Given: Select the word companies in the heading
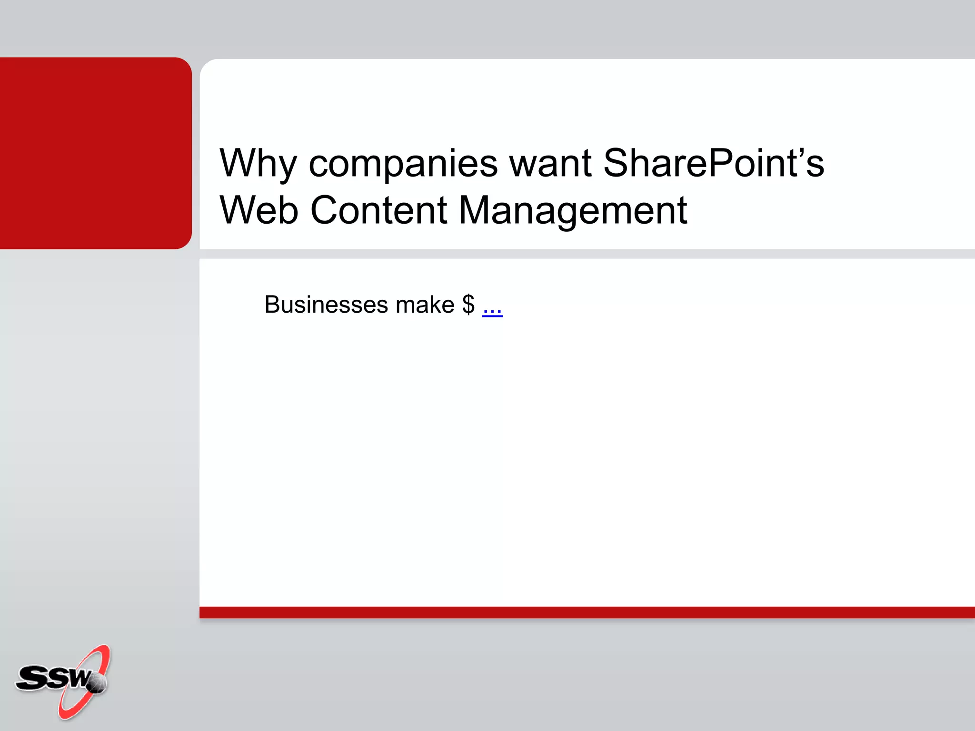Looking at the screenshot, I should coord(403,164).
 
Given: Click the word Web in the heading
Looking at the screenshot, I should coord(259,210).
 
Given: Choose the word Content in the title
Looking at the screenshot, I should coord(378,210).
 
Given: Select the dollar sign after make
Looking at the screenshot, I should coord(468,305).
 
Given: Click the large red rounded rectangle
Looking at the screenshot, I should coord(95,153).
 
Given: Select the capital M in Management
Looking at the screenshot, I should coord(477,210).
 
